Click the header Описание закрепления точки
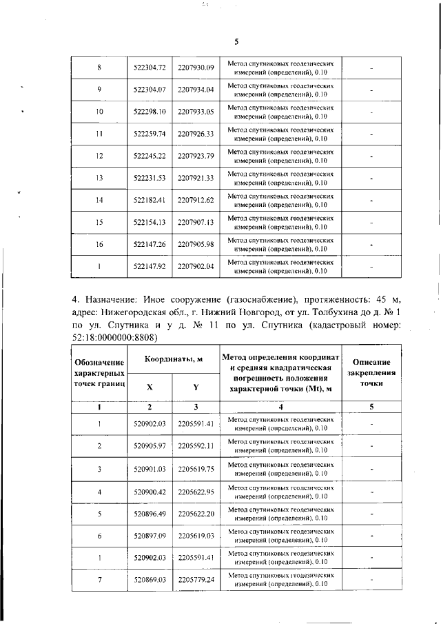(x=371, y=372)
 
